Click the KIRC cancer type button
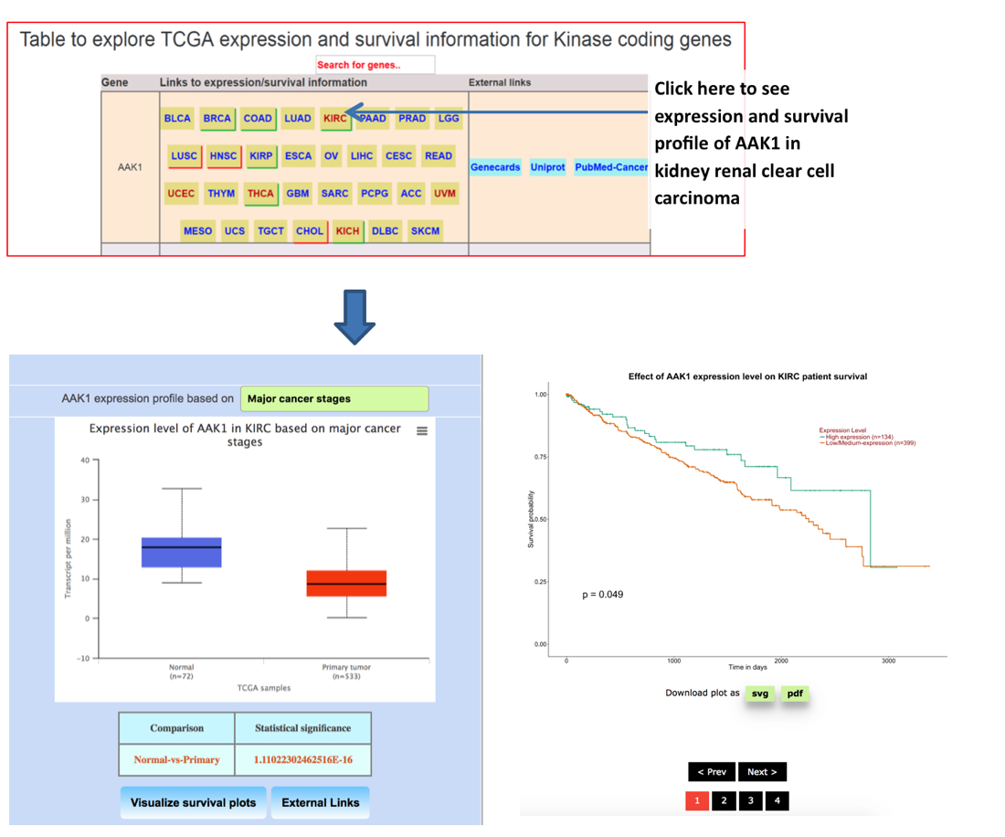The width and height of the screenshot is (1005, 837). pos(335,119)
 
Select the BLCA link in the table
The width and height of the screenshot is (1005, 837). pos(177,119)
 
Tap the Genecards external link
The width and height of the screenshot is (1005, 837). pos(495,167)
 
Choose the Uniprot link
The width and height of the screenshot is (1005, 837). pos(547,167)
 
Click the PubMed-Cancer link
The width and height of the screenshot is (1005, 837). pos(610,167)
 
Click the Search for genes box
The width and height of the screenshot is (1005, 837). pos(375,65)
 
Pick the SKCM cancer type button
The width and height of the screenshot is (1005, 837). pos(425,231)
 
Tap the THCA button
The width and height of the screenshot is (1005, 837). pos(260,194)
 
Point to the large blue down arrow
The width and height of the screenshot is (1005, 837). pos(354,315)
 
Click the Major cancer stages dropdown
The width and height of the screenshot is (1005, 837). pos(333,398)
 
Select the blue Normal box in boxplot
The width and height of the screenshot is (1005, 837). pos(182,552)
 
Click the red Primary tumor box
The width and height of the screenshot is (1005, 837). pos(346,583)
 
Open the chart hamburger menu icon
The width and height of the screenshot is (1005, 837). pos(422,431)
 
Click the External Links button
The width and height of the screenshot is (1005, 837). pos(321,802)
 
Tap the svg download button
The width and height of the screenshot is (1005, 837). pos(759,694)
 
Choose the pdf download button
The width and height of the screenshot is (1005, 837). pos(795,694)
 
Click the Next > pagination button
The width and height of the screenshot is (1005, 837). pos(761,772)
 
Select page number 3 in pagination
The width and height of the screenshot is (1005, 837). pos(750,801)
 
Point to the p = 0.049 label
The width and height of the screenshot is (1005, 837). pos(602,595)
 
